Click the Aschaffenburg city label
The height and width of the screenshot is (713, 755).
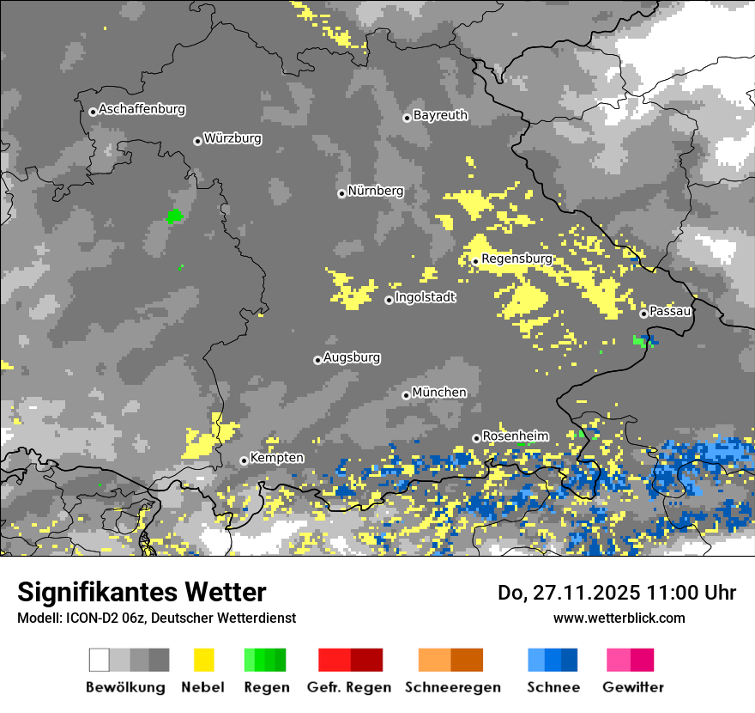142,110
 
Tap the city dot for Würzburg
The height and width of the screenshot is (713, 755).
197,141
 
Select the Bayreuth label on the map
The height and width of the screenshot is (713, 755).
440,115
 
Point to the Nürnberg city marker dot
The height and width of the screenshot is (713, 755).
341,193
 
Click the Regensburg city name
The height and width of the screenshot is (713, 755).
517,259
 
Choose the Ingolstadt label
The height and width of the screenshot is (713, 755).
425,297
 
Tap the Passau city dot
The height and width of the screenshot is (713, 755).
643,314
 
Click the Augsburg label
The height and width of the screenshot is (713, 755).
352,357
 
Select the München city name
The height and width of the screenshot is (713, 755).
439,393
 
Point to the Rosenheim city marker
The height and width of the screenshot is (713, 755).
476,438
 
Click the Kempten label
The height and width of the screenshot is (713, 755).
276,458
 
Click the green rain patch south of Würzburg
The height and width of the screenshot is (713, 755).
175,216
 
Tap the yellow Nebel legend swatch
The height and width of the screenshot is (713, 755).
203,660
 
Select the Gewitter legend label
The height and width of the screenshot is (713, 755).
633,687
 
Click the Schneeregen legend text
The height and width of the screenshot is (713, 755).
452,687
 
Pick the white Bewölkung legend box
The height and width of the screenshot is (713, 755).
100,660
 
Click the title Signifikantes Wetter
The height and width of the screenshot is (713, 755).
142,593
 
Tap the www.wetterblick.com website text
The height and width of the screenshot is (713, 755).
619,618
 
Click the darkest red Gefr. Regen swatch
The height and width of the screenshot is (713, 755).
366,660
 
